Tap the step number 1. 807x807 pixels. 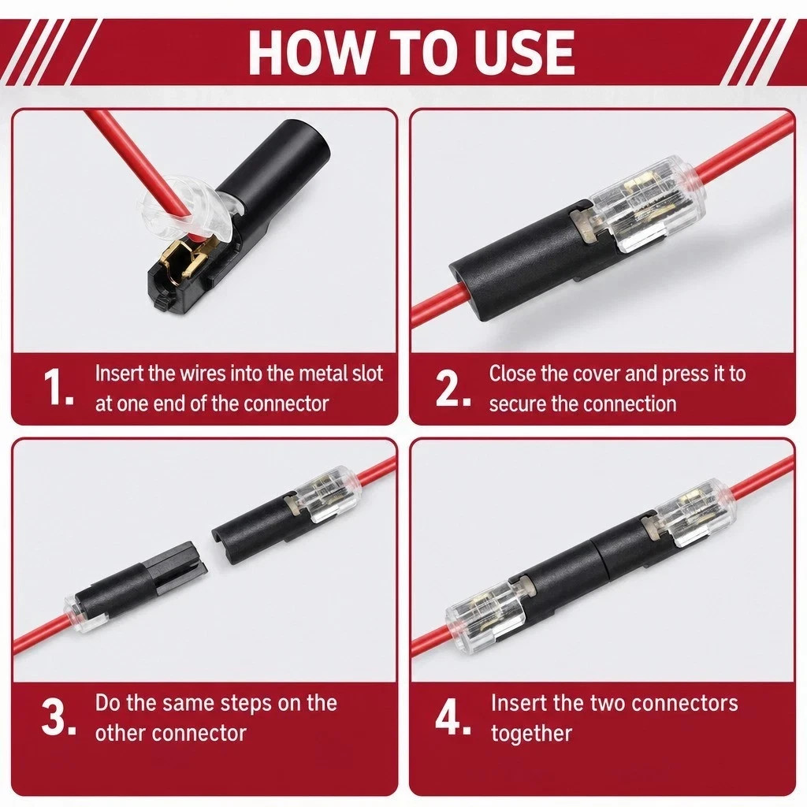coord(58,386)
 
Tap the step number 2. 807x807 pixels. coord(453,389)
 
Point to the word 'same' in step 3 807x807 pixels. coord(186,703)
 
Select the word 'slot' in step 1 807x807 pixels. coord(367,373)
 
